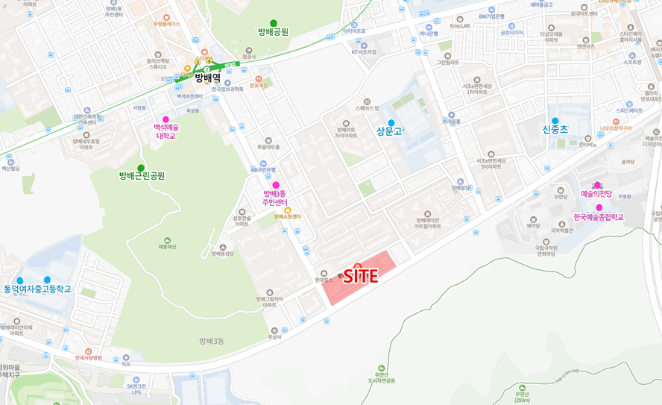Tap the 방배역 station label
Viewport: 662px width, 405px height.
(x=208, y=77)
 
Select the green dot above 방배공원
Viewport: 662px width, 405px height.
(x=274, y=23)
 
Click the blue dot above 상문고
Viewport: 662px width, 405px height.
(x=391, y=122)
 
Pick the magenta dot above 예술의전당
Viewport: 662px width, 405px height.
(x=596, y=185)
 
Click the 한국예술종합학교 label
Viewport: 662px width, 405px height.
(x=598, y=217)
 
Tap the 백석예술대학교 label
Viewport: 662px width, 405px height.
(x=166, y=132)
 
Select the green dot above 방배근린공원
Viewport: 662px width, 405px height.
(x=140, y=168)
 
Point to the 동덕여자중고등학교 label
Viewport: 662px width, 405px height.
(x=38, y=289)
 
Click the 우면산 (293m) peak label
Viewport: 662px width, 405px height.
(x=522, y=396)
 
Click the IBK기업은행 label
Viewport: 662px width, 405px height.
(x=491, y=16)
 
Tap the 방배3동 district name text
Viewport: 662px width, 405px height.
(x=212, y=341)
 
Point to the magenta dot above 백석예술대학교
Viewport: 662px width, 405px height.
(x=165, y=119)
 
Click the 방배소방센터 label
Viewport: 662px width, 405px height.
(x=287, y=216)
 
